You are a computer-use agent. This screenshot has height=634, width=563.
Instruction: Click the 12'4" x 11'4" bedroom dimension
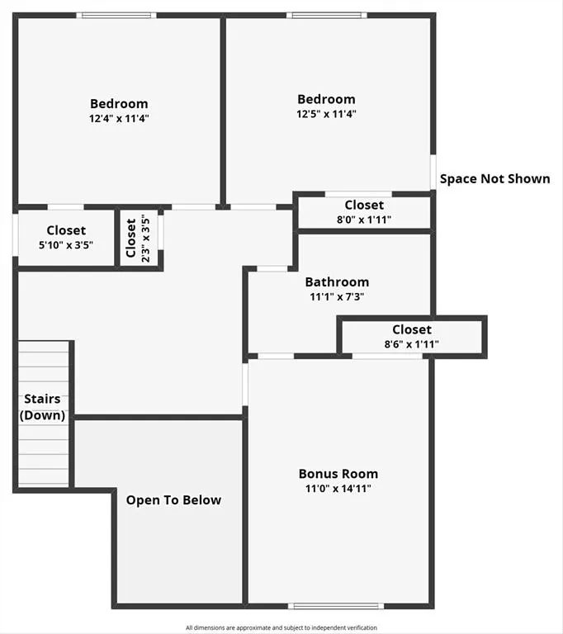click(119, 118)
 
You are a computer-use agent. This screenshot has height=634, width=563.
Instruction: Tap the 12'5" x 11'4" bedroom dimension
click(327, 114)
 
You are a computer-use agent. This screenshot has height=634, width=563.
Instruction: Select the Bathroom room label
click(337, 282)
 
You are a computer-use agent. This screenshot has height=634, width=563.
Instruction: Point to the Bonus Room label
click(338, 474)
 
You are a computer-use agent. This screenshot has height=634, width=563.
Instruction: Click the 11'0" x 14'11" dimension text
click(338, 489)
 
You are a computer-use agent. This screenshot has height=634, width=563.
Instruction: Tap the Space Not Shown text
click(494, 178)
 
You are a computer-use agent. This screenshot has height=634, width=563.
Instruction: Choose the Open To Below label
click(173, 499)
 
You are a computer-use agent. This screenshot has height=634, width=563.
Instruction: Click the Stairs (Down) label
click(42, 407)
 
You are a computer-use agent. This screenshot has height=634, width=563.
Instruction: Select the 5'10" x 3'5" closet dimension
click(66, 245)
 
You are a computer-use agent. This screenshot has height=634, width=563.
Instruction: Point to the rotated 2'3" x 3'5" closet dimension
click(144, 239)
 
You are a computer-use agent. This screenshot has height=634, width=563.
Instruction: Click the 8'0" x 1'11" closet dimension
click(364, 220)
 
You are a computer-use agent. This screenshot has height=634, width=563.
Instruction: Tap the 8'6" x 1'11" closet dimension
click(411, 344)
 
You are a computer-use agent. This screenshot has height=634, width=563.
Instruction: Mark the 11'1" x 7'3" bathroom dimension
click(337, 296)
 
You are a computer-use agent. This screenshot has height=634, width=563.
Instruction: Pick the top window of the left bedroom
click(116, 15)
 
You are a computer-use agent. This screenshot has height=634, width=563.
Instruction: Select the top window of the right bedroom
click(326, 15)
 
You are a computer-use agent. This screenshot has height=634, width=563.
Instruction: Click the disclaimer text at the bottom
click(281, 627)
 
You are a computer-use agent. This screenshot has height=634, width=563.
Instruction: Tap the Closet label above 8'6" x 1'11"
click(412, 329)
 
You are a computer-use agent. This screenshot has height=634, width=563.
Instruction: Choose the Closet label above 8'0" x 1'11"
click(364, 205)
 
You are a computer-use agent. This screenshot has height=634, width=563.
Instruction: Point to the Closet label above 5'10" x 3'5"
click(66, 230)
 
